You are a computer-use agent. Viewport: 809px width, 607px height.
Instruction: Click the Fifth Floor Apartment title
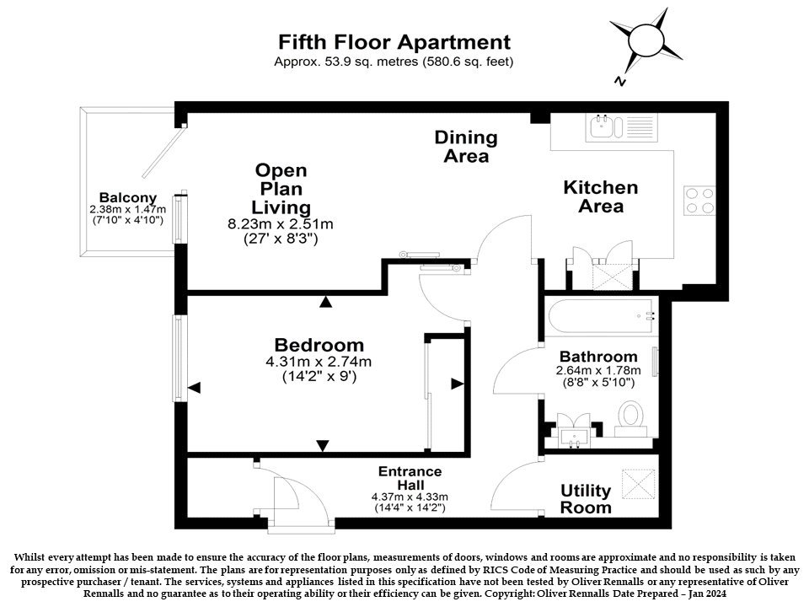[394, 42]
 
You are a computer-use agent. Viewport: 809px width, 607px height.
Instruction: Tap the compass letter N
[619, 81]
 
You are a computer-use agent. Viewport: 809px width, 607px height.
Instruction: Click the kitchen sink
[601, 127]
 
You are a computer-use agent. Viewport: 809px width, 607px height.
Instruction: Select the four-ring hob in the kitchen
[699, 201]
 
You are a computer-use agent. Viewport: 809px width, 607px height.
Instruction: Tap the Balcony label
[128, 197]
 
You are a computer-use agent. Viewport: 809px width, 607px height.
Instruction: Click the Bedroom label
[319, 345]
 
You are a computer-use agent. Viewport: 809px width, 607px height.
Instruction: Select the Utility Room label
[586, 498]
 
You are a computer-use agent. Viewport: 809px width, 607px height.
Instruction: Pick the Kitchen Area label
[601, 196]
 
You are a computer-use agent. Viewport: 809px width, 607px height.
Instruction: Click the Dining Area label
[466, 147]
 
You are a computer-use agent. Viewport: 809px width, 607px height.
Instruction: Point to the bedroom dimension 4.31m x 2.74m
[319, 363]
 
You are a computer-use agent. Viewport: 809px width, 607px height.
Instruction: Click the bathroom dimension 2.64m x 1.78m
[598, 370]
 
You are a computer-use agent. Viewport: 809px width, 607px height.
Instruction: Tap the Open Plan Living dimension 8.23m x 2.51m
[280, 224]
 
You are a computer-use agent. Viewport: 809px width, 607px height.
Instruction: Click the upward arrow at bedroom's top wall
[325, 302]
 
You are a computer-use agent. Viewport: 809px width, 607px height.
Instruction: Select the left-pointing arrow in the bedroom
[194, 388]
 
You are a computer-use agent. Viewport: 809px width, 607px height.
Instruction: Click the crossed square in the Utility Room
[638, 484]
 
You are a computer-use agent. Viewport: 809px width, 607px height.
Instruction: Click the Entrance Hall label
[410, 478]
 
